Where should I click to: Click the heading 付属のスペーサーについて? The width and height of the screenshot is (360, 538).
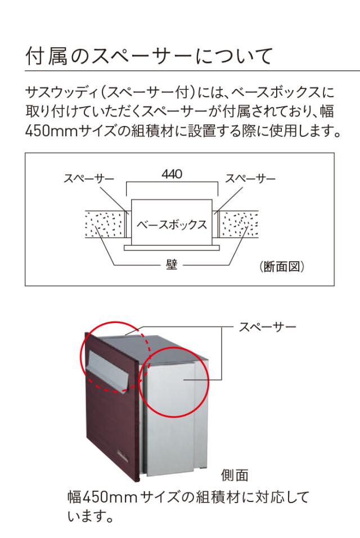(149, 56)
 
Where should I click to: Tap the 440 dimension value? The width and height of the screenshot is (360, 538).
(172, 174)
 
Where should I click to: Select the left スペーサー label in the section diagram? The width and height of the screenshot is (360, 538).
(89, 178)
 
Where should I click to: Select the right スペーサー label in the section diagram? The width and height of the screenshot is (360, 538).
(250, 178)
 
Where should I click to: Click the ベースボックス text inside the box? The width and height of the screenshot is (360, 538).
(172, 225)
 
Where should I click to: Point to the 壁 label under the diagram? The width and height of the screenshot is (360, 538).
(172, 265)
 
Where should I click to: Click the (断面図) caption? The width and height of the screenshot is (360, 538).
(282, 266)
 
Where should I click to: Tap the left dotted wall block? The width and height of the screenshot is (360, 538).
(104, 225)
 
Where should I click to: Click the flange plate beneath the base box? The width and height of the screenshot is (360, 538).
(172, 248)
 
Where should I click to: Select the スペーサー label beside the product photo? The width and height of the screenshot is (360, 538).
(267, 327)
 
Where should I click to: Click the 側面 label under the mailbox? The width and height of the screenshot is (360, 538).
(235, 475)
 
